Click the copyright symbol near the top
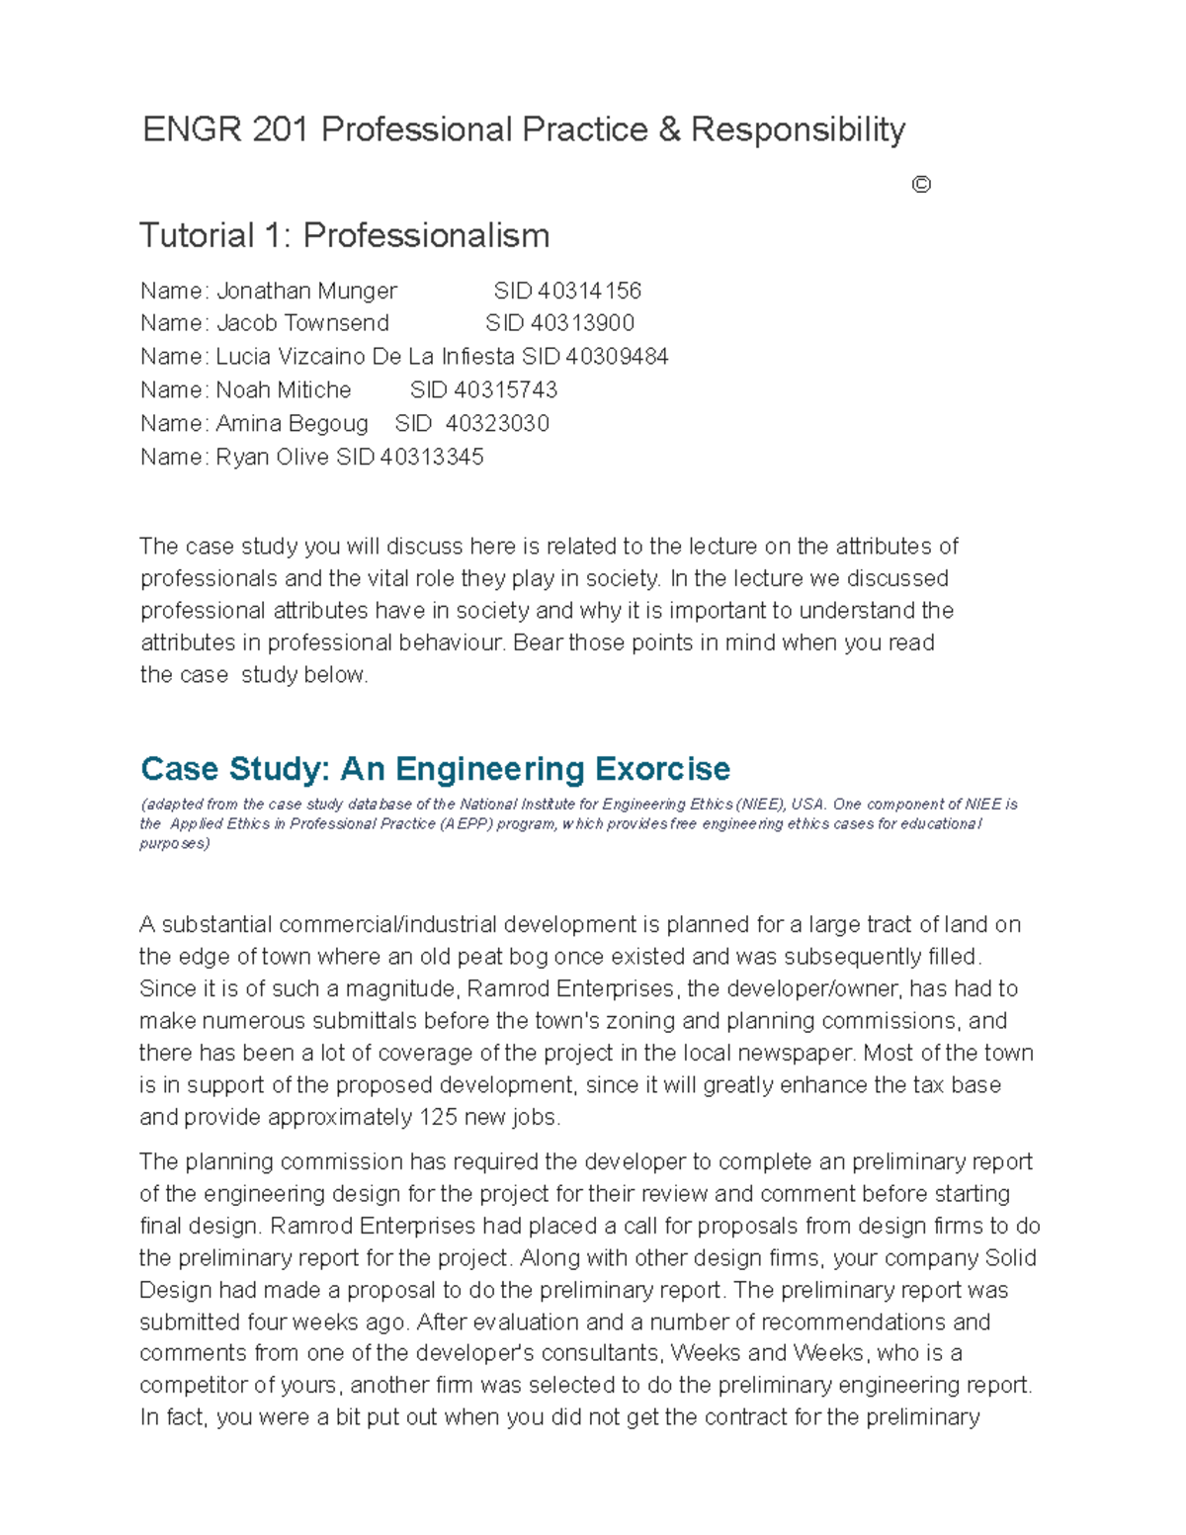pos(921,185)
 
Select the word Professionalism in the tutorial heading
pos(426,235)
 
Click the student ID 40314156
pos(590,291)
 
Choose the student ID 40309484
pos(617,357)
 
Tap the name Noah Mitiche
pos(284,390)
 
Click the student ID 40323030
pos(497,424)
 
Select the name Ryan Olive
pos(274,458)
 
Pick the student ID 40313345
pos(432,458)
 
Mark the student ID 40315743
pos(505,390)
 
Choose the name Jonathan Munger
pos(306,291)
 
